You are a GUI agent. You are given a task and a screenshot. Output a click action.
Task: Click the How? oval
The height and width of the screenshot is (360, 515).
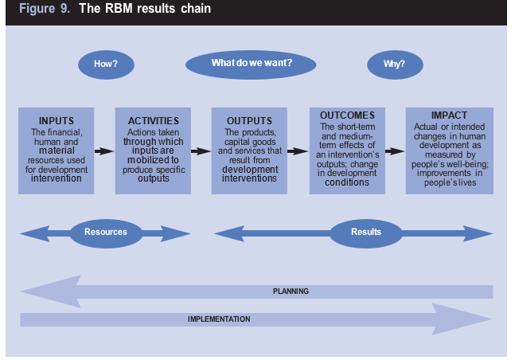pos(106,64)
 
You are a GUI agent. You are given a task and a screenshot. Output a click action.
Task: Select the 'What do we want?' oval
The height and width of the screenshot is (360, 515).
pos(251,63)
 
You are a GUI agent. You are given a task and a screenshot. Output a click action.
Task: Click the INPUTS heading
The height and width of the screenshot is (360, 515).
pos(57,121)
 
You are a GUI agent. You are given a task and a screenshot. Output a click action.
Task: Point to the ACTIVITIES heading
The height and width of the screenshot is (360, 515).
pos(153,121)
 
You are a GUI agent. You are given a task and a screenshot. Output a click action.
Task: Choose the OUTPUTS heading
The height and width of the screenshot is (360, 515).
pos(249,121)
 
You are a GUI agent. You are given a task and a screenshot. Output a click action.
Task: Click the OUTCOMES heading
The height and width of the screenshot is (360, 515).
pos(347,115)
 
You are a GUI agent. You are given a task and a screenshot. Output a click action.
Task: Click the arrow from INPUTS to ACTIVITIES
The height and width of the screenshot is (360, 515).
pos(104,150)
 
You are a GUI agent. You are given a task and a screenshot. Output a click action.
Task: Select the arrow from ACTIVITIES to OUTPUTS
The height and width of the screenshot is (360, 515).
pos(201,150)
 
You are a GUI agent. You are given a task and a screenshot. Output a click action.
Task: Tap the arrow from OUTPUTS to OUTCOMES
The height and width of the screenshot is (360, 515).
pos(298,150)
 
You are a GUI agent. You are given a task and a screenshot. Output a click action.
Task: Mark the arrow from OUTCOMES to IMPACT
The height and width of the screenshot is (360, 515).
pos(396,150)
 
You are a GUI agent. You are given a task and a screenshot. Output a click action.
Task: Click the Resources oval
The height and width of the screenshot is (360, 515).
pos(105,233)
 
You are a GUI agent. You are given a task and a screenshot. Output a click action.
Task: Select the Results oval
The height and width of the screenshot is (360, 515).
pos(366,233)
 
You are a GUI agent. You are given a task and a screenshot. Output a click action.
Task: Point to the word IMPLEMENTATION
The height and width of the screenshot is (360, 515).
pos(219,319)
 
